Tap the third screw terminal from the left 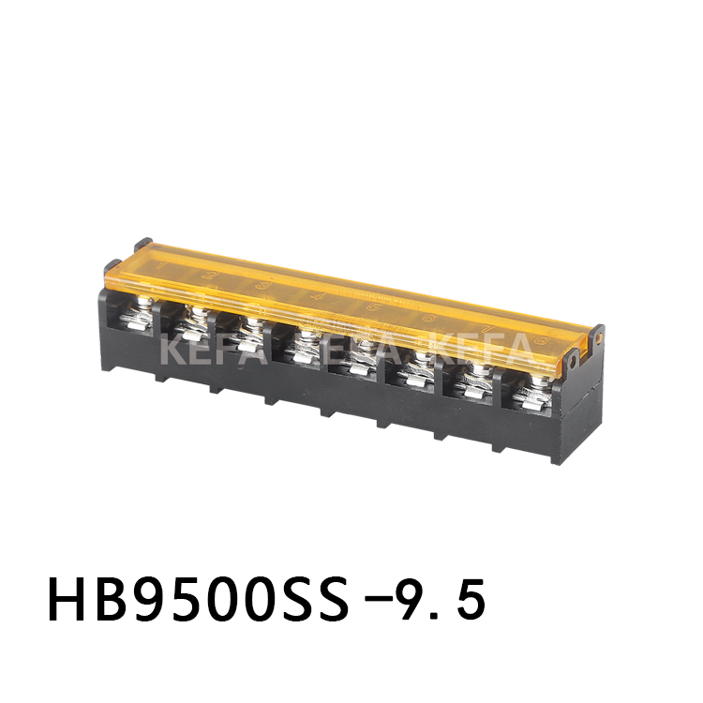[248, 335]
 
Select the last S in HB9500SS [368, 599]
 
